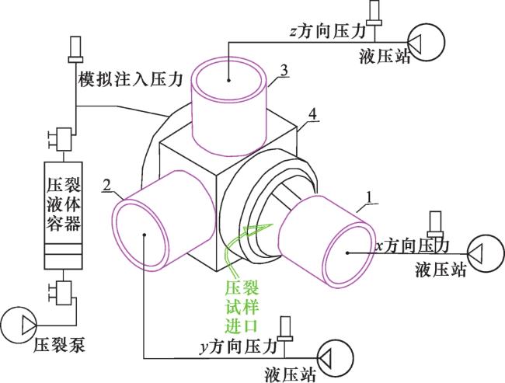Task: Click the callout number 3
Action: coord(284,71)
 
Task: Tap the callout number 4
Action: coord(312,114)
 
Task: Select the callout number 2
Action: coord(107,185)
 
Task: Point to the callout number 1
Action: coord(370,198)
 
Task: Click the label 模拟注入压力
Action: coord(131,79)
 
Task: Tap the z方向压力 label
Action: coord(328,32)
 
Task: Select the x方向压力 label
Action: coord(413,246)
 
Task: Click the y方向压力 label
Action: coord(239,347)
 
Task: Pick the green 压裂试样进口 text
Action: coord(242,307)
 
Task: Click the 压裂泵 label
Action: coord(60,345)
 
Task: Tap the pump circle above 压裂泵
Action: coord(19,325)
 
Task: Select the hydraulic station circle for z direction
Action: coord(427,42)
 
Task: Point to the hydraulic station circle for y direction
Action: coord(336,357)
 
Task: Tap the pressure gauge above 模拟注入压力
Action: coord(75,49)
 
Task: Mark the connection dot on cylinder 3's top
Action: coord(228,80)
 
